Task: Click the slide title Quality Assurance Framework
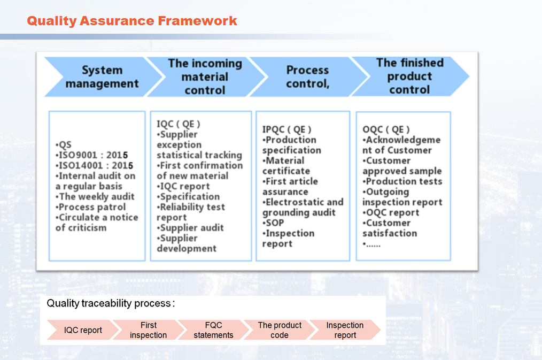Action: tap(132, 21)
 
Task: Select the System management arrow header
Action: tap(102, 76)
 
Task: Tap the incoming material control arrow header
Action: tap(205, 76)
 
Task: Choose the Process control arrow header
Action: tap(307, 76)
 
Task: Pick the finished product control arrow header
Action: tap(409, 76)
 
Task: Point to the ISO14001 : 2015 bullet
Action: tap(94, 165)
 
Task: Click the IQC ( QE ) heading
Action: tap(179, 124)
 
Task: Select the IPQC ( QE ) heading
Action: tap(287, 129)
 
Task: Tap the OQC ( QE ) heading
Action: tap(386, 129)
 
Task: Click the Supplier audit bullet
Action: tap(190, 228)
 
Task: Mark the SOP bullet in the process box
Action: tap(274, 223)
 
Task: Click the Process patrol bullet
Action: tap(91, 207)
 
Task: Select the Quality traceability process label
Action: tap(111, 303)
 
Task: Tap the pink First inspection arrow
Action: tap(149, 330)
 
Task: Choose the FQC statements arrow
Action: tap(213, 330)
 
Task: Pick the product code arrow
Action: tap(280, 330)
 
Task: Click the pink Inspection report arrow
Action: tap(345, 330)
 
